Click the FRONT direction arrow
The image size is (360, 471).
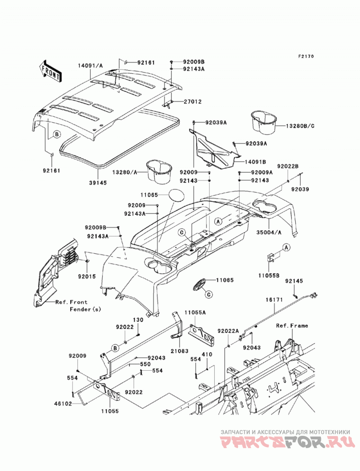tap(50, 71)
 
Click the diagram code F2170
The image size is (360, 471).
tap(306, 56)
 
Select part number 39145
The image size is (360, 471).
tap(98, 183)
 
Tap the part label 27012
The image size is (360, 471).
tap(192, 102)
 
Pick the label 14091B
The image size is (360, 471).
tap(255, 162)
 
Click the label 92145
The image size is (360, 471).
tap(294, 281)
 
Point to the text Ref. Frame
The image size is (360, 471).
tap(292, 326)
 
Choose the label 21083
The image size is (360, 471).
tap(180, 351)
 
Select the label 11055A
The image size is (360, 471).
tap(195, 312)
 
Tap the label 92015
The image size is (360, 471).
tap(87, 276)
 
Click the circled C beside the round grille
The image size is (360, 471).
tap(209, 295)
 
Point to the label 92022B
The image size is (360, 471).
tap(288, 166)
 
